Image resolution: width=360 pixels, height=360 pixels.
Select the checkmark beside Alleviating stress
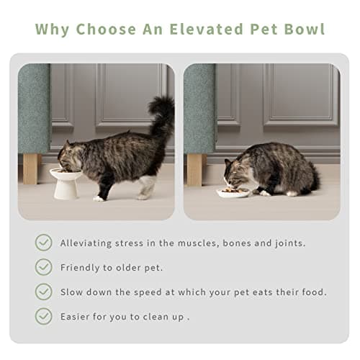[44, 243]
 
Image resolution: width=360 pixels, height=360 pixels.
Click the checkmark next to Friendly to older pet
[44, 267]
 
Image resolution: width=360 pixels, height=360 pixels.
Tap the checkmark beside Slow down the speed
[44, 292]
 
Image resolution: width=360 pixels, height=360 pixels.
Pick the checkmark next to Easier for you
[44, 316]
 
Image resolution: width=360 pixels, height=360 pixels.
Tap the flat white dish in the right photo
[235, 192]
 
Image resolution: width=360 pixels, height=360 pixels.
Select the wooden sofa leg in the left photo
[31, 168]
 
